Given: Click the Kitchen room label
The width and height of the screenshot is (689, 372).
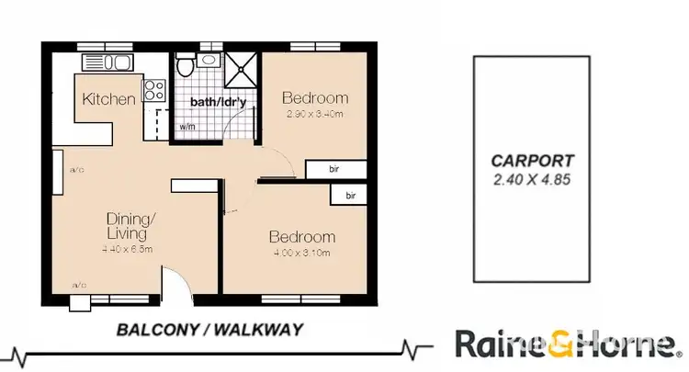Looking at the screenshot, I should (109, 99).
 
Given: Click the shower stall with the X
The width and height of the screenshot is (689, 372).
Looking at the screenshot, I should (243, 71).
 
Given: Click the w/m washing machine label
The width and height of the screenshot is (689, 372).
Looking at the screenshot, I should (186, 127).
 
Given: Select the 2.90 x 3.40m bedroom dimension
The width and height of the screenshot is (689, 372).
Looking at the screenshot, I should (314, 115).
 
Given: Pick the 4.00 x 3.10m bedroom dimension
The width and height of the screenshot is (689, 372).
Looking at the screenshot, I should (301, 253).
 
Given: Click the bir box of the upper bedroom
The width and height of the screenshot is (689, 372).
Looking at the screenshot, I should (336, 169).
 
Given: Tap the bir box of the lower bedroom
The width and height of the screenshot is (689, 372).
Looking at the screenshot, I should (350, 196).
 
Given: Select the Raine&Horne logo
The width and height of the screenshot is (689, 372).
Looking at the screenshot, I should (564, 345).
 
